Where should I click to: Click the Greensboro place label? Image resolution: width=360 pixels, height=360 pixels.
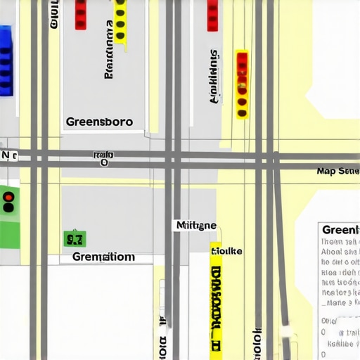99,121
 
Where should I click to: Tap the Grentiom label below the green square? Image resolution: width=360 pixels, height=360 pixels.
103,257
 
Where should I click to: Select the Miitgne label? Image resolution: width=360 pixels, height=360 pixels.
195,226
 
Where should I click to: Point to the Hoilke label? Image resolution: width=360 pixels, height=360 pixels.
226,251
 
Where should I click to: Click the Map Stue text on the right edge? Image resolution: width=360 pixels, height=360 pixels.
337,171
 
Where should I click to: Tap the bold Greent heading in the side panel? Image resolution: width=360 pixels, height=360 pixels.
340,230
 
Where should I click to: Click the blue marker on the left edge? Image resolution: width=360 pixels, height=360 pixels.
6,61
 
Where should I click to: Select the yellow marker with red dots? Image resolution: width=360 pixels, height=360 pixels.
242,84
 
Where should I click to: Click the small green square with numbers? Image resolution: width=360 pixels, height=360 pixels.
74,239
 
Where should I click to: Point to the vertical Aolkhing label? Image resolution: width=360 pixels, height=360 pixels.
214,77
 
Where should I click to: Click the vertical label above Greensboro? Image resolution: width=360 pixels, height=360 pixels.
109,49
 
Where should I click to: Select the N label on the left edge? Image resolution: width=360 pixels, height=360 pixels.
8,155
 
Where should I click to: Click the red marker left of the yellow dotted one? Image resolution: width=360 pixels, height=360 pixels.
81,14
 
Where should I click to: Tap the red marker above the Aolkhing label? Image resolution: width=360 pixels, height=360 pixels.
212,15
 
